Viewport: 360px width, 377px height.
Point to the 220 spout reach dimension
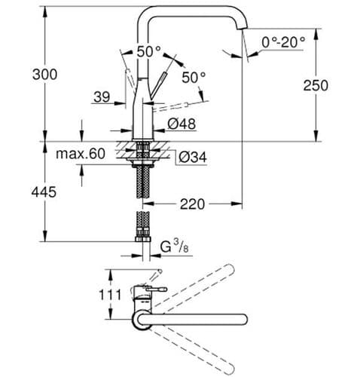[x=194, y=204]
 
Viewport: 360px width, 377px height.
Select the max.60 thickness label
[x=80, y=155]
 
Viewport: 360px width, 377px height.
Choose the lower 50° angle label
[x=193, y=78]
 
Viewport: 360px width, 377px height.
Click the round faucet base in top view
[x=144, y=321]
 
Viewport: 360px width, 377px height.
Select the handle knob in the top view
[x=160, y=289]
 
